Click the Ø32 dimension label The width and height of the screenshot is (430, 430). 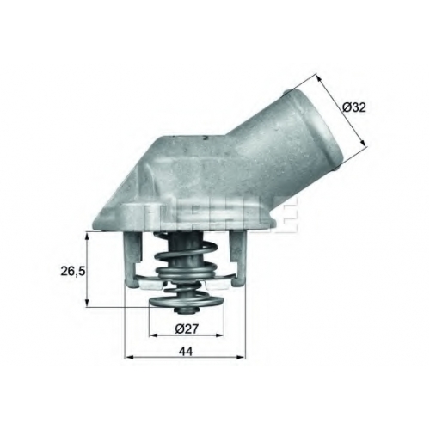click(x=354, y=107)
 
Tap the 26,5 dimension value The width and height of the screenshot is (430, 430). click(x=73, y=271)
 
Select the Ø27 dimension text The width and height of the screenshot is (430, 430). click(x=187, y=329)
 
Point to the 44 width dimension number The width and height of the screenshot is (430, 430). click(x=186, y=351)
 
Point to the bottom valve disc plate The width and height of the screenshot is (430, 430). click(x=187, y=302)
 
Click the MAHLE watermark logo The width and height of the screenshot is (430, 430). click(x=221, y=217)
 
